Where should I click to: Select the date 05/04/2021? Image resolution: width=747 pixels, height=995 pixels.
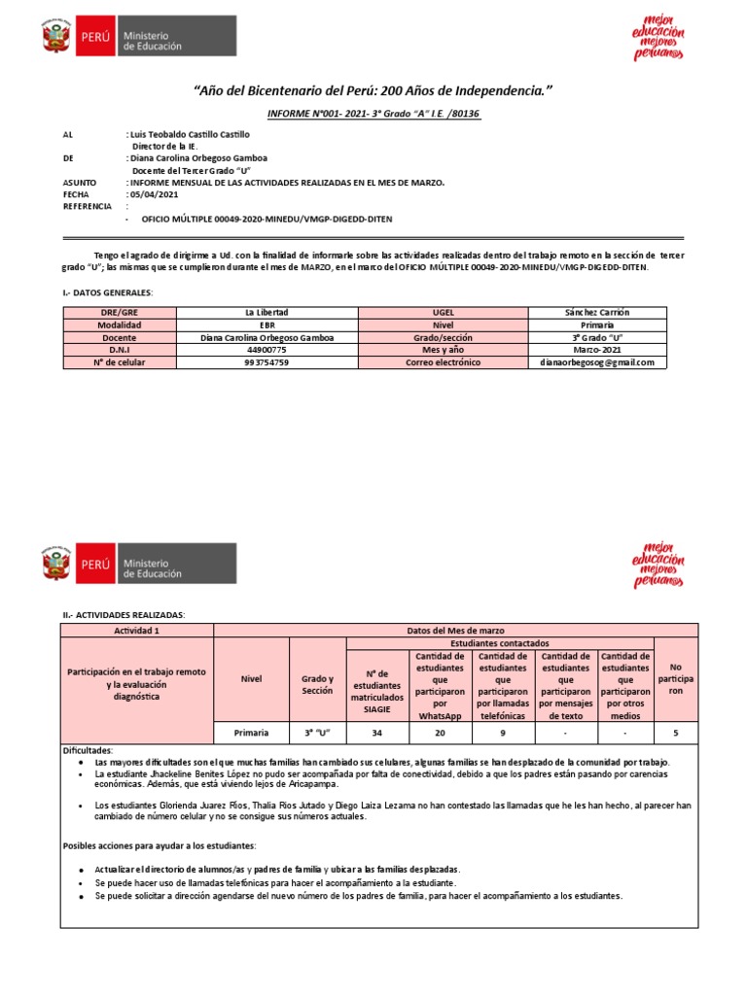click(156, 194)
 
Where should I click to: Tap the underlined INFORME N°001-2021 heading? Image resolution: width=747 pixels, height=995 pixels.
click(374, 114)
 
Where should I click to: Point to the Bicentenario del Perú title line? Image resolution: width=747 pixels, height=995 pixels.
click(374, 90)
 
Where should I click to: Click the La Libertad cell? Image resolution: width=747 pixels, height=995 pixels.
click(267, 312)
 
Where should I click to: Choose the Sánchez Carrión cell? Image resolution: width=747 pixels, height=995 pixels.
click(597, 312)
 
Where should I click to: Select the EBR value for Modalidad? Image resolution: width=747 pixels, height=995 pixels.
click(267, 325)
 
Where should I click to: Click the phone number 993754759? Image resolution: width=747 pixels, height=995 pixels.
click(267, 362)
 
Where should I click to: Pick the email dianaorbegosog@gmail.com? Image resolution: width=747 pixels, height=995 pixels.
click(597, 362)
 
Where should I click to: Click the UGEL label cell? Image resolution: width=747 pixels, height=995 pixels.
click(443, 312)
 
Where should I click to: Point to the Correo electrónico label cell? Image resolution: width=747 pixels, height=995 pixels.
click(443, 362)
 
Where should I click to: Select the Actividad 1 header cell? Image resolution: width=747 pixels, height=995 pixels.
click(136, 631)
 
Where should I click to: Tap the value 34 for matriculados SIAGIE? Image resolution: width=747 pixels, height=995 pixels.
click(376, 733)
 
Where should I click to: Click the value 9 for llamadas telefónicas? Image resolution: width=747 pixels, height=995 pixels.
click(502, 733)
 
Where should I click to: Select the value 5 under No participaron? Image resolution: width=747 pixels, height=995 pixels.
click(675, 733)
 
